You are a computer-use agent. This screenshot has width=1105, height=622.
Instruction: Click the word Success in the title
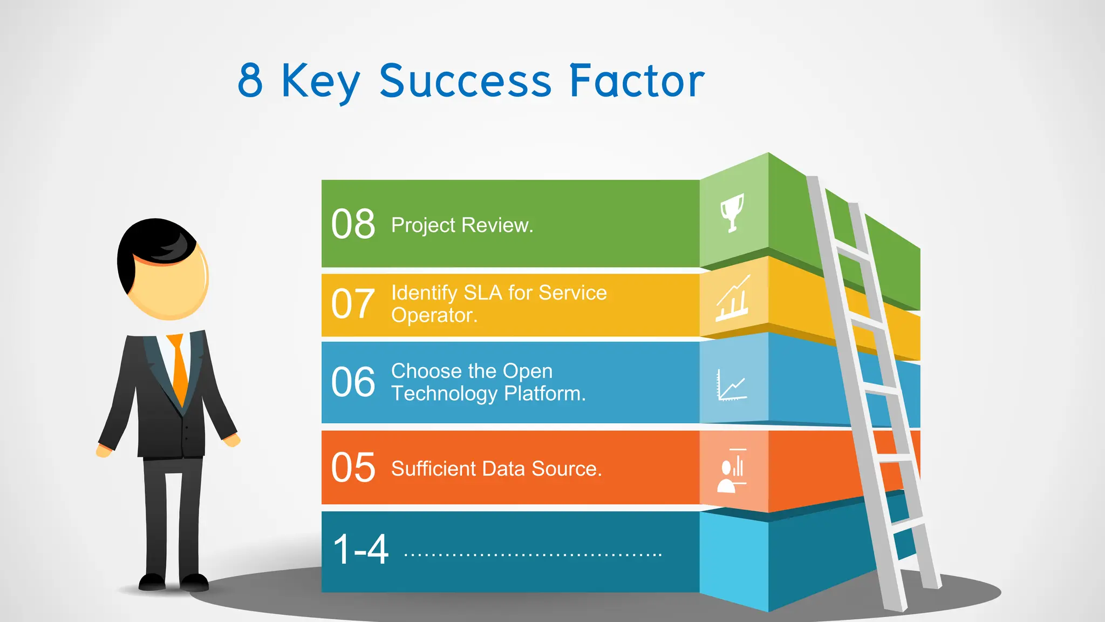(465, 81)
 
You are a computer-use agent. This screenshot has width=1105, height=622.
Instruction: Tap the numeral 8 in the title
(250, 81)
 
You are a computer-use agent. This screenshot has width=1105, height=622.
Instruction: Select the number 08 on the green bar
(353, 224)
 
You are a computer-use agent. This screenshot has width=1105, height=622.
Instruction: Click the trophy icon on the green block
(733, 212)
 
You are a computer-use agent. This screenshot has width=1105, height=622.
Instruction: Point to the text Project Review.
(462, 225)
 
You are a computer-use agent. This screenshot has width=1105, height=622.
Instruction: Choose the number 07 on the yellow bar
(353, 304)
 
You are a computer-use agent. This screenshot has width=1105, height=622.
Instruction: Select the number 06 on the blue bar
(353, 382)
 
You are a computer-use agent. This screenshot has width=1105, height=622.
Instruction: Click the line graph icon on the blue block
(732, 386)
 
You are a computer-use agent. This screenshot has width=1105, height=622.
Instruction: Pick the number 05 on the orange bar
(353, 468)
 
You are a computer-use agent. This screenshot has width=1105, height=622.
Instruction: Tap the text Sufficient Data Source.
(496, 469)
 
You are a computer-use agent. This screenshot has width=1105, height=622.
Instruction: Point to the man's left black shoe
(152, 582)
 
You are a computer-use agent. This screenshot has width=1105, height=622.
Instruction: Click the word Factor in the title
(637, 81)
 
